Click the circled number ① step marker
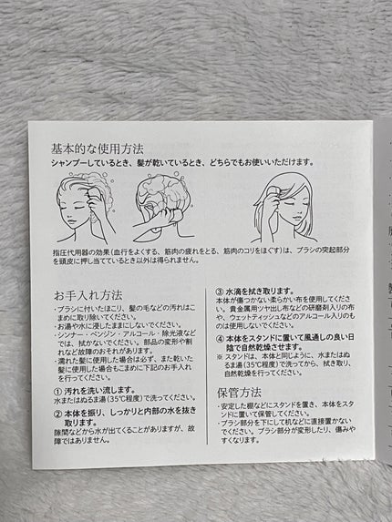pyautogui.click(x=57, y=389)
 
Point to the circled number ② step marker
pyautogui.click(x=57, y=411)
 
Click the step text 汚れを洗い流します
pyautogui.click(x=97, y=389)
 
